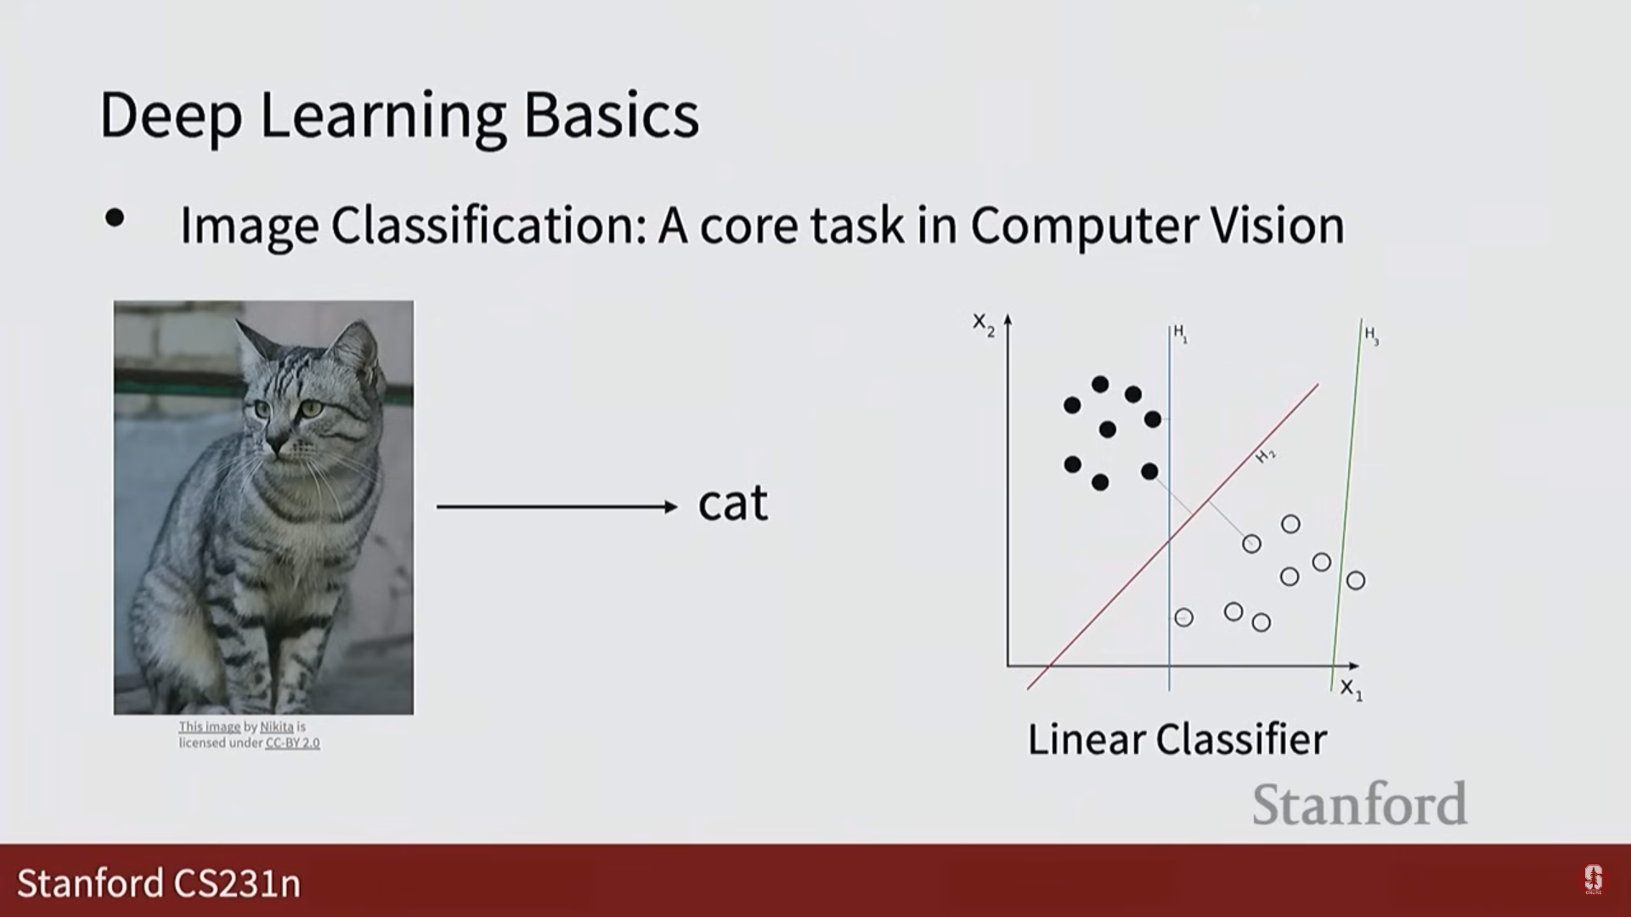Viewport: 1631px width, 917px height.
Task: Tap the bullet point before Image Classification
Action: coord(115,219)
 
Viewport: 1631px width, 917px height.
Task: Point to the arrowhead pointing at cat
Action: coord(670,507)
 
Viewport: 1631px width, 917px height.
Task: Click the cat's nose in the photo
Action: coord(278,444)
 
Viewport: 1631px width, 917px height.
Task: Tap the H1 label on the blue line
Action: coord(1181,333)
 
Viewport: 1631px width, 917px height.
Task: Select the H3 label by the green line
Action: coord(1371,336)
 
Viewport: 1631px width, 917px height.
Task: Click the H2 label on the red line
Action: coord(1266,456)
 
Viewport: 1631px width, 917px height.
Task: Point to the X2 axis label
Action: coord(984,325)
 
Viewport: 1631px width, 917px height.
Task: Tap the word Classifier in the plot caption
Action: coord(1241,740)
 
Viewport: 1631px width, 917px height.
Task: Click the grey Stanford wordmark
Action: coord(1360,803)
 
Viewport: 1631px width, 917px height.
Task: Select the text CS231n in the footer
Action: coord(237,883)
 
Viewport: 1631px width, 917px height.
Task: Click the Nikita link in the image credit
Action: coord(277,727)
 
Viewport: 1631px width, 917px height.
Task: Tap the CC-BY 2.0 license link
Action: coord(292,743)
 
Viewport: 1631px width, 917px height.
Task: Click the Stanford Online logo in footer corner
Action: coord(1593,880)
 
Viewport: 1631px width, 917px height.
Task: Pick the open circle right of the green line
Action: coord(1356,581)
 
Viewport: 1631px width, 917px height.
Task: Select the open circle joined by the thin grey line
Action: coord(1251,543)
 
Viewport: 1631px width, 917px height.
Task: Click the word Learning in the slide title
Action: coord(381,116)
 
